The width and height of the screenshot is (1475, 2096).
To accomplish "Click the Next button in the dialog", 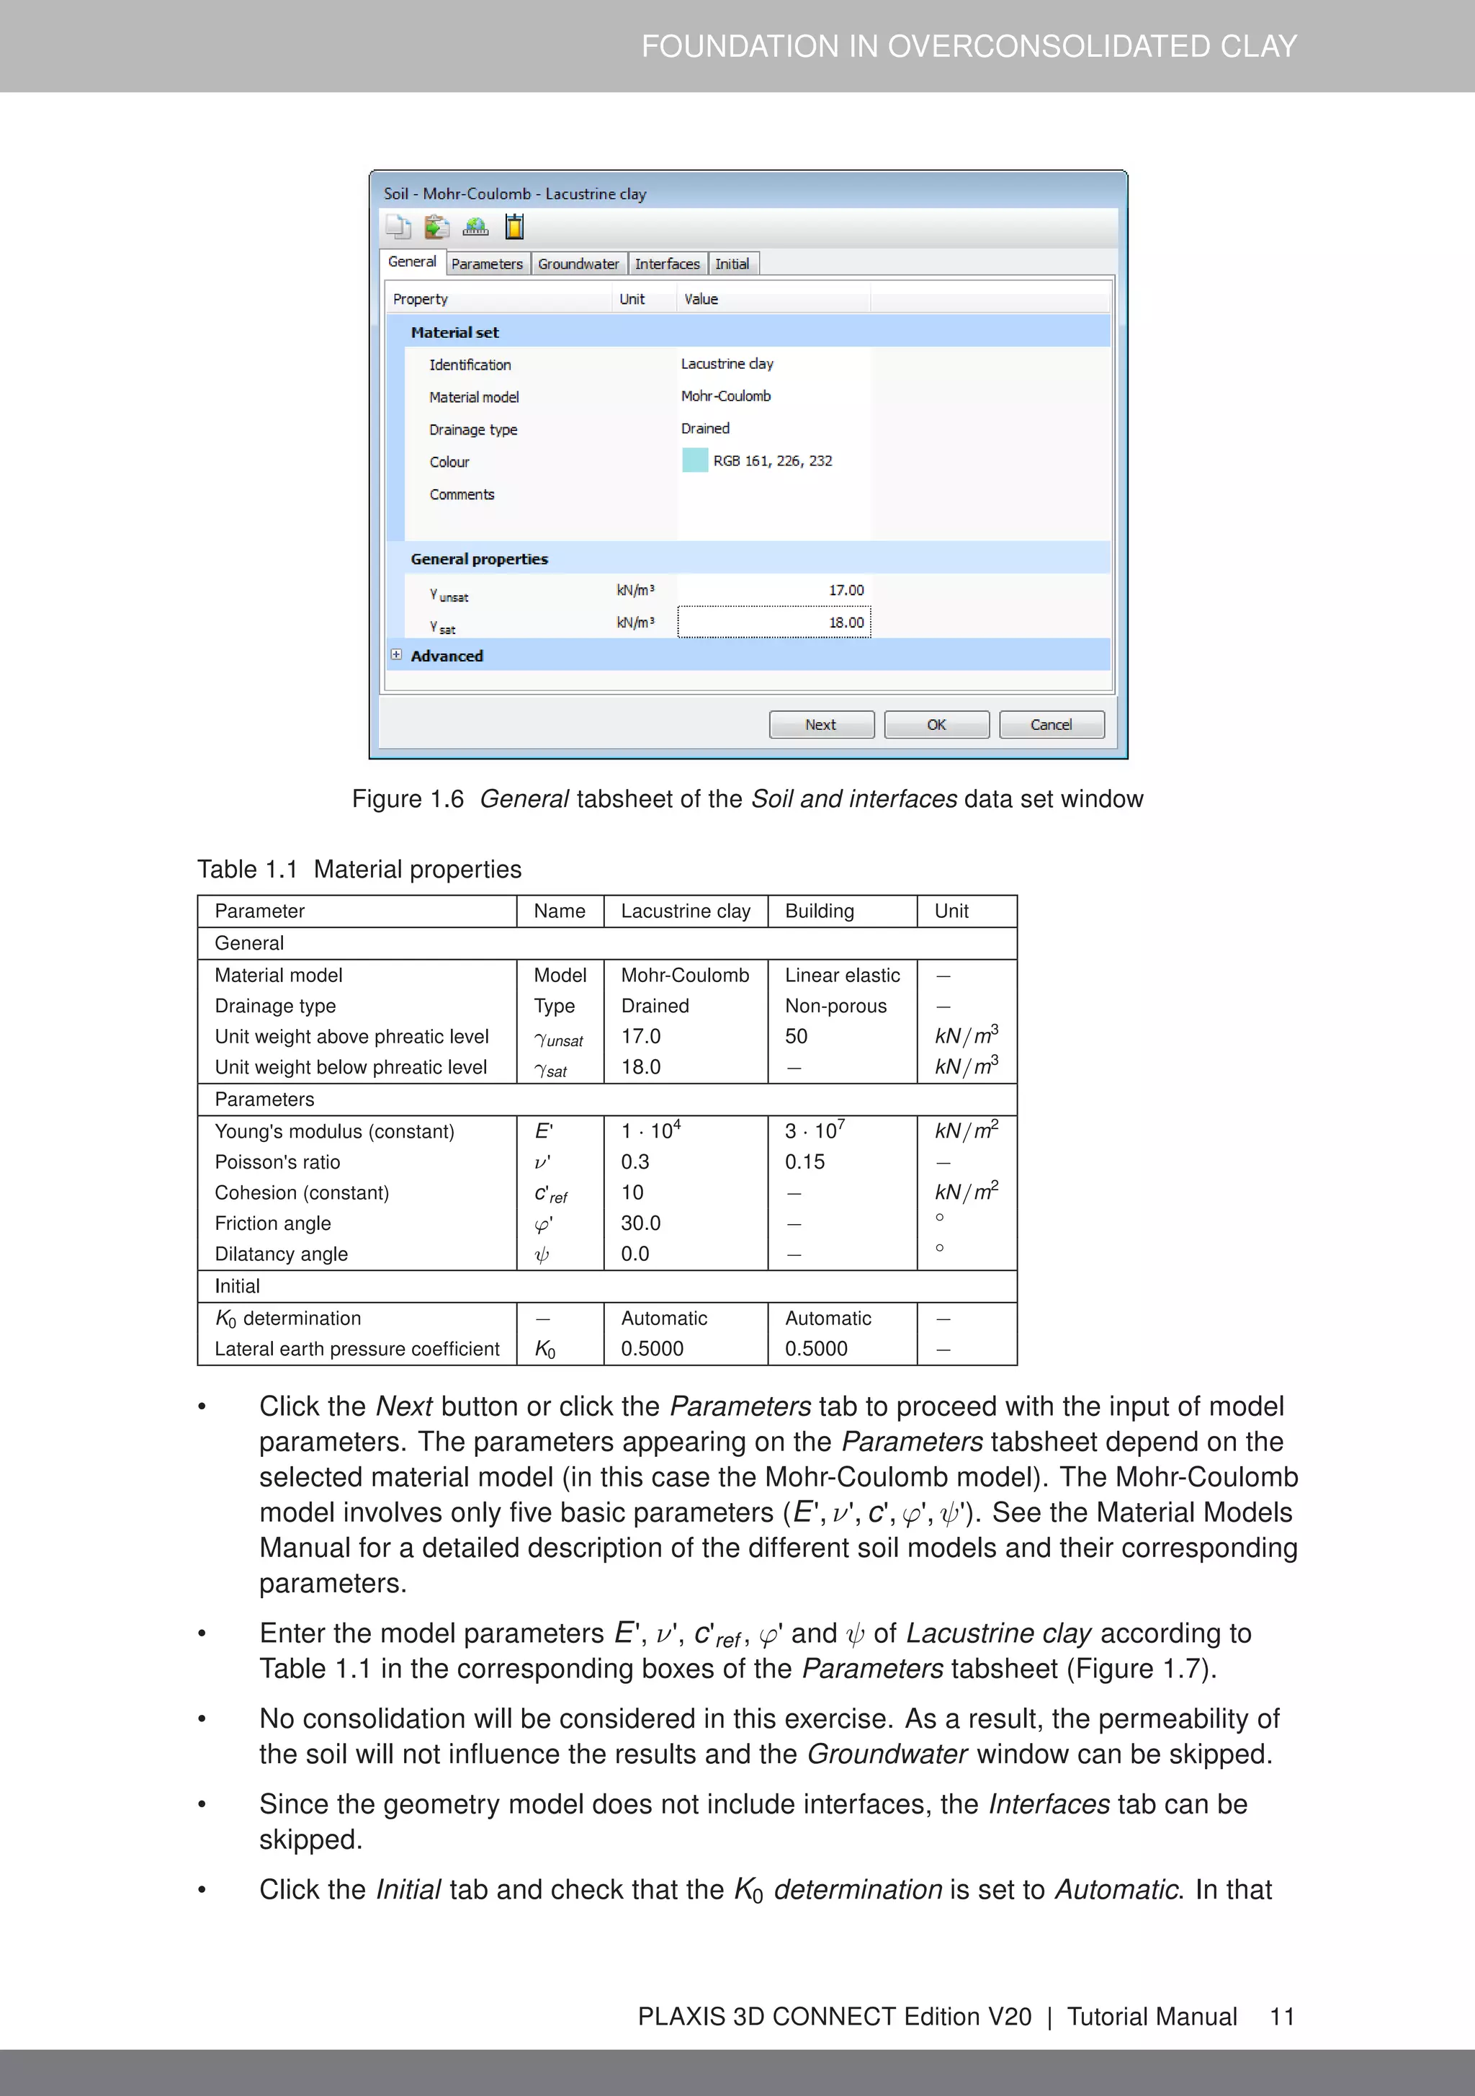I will point(820,724).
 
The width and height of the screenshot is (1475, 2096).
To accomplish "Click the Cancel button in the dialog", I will point(1051,724).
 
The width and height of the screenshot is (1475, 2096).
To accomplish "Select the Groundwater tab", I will point(578,264).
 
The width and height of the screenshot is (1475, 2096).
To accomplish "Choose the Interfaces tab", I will point(667,264).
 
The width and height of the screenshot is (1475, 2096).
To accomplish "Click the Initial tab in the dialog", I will point(732,264).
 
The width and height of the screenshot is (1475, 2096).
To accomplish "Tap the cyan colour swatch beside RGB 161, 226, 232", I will point(694,460).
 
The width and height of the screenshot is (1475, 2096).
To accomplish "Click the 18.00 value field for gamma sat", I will point(774,622).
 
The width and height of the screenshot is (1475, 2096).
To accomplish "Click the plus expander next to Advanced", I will point(396,654).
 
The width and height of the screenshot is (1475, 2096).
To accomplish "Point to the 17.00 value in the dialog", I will point(846,589).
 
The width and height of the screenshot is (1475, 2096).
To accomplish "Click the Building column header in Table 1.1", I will point(819,911).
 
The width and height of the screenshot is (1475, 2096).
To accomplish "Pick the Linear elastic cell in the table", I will point(841,975).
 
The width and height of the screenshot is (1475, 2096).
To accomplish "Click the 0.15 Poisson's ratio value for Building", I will point(804,1161).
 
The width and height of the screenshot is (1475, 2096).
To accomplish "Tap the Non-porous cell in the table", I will point(835,1005).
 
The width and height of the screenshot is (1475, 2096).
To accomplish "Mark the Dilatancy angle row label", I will point(281,1254).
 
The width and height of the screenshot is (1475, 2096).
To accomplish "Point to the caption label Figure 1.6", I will point(408,799).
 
